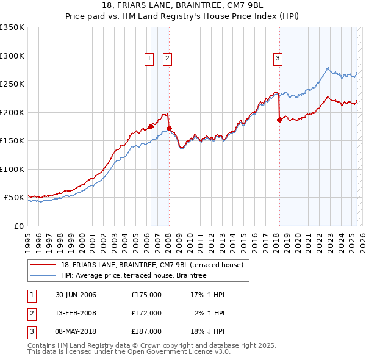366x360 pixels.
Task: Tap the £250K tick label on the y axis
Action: pyautogui.click(x=12, y=84)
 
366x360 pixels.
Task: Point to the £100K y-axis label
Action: pyautogui.click(x=12, y=169)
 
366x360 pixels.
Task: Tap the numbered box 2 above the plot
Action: pyautogui.click(x=167, y=59)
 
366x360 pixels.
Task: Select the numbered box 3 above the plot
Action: pyautogui.click(x=278, y=59)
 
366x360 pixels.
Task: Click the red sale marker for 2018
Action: pyautogui.click(x=279, y=120)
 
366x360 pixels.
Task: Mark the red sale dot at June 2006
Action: pyautogui.click(x=151, y=127)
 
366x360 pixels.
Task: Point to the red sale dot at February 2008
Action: pyautogui.click(x=169, y=128)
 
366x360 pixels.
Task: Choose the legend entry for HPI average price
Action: pyautogui.click(x=134, y=275)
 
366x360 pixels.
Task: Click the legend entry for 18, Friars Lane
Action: pyautogui.click(x=152, y=265)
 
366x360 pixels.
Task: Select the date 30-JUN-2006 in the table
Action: pyautogui.click(x=76, y=295)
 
